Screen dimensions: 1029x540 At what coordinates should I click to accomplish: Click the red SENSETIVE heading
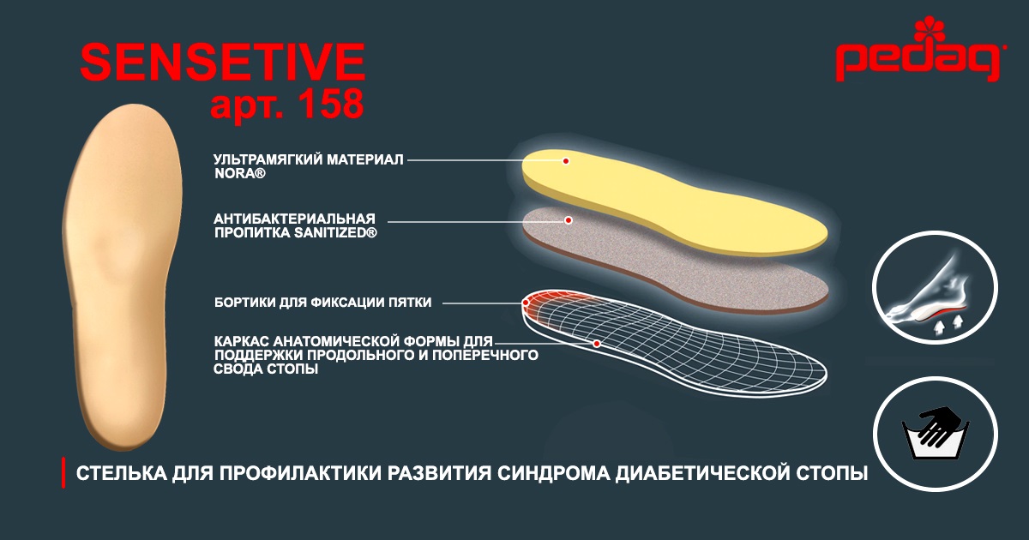(x=223, y=62)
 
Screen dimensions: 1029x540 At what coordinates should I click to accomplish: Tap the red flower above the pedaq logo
(x=930, y=29)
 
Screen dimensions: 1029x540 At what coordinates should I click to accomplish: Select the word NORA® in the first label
(x=240, y=173)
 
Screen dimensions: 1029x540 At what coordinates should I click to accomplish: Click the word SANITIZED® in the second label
(x=335, y=233)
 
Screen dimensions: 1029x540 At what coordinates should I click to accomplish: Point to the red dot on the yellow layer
(x=566, y=161)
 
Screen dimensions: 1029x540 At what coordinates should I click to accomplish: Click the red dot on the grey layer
(x=569, y=220)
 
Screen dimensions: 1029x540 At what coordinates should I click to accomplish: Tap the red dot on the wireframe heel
(x=526, y=303)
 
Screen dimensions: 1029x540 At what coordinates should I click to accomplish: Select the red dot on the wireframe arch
(x=596, y=344)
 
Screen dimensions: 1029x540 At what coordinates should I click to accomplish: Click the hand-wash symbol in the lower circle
(x=936, y=432)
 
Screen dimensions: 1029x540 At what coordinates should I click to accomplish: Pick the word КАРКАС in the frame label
(x=241, y=342)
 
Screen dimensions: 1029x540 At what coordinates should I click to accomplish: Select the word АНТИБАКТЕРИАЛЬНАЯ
(x=294, y=219)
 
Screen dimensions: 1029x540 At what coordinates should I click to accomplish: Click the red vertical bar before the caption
(x=63, y=472)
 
